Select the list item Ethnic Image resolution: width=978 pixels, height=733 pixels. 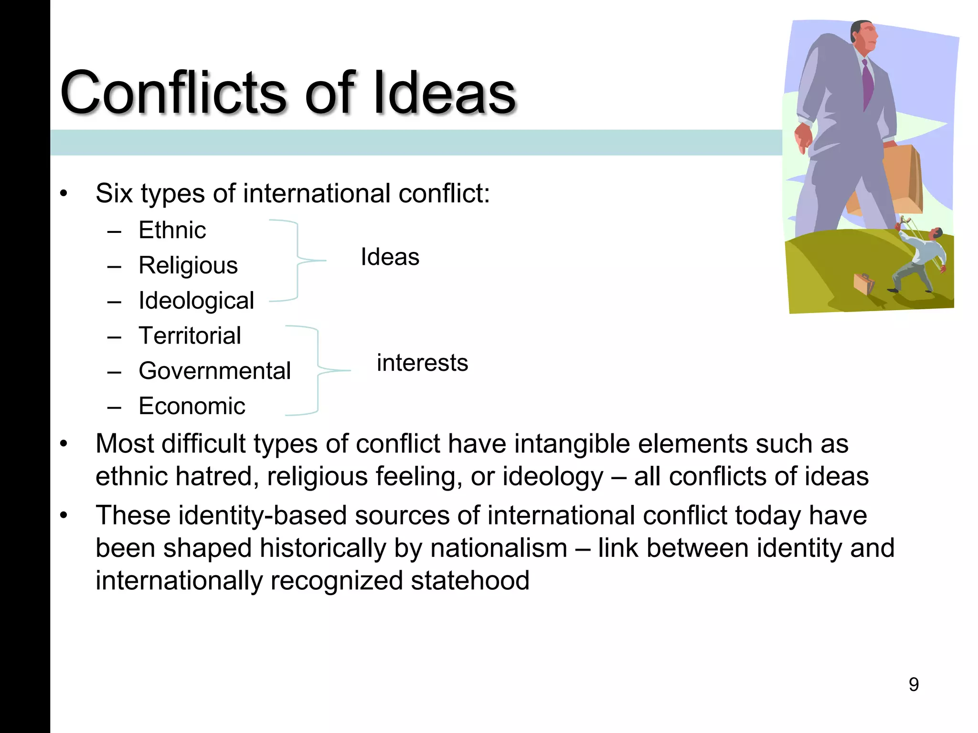(x=172, y=230)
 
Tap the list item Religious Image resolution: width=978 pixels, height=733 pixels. (x=188, y=265)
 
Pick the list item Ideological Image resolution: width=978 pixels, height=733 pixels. (x=196, y=301)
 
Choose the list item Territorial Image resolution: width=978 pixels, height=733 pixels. (x=190, y=335)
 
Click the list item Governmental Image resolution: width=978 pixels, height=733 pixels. (x=214, y=371)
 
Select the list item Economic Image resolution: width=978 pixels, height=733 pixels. (x=191, y=406)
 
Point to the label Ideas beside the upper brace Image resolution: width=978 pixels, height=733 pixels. (x=390, y=257)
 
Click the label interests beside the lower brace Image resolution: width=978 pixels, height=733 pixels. (x=422, y=363)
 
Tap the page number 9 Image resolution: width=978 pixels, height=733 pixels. (x=914, y=684)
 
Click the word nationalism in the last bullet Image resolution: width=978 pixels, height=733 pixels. (x=499, y=548)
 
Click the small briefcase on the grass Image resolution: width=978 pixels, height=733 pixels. (x=863, y=283)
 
